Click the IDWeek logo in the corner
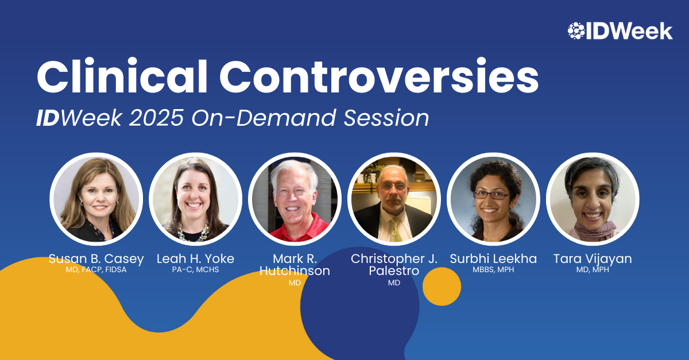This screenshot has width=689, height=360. click(620, 31)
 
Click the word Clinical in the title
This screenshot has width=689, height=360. click(122, 76)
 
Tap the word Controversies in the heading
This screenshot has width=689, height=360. click(379, 76)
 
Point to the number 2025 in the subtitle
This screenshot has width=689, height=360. click(156, 118)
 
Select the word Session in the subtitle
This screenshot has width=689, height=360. click(386, 118)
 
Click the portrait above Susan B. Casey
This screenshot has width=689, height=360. click(96, 199)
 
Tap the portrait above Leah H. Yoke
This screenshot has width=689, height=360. click(195, 199)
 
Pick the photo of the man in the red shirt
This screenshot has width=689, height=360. click(295, 199)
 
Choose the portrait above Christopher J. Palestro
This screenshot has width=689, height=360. click(394, 199)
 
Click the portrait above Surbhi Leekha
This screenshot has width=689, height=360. click(493, 199)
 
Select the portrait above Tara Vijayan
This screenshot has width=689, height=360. click(593, 199)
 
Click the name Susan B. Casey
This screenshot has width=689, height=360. click(96, 260)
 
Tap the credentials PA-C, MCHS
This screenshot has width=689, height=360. click(195, 269)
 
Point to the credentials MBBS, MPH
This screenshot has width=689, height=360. click(493, 269)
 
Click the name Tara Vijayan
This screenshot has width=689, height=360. click(593, 260)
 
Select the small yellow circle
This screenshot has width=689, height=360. click(442, 287)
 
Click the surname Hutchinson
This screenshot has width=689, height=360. click(295, 271)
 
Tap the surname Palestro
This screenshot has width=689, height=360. click(394, 271)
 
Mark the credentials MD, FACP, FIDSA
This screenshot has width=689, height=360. click(96, 269)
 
